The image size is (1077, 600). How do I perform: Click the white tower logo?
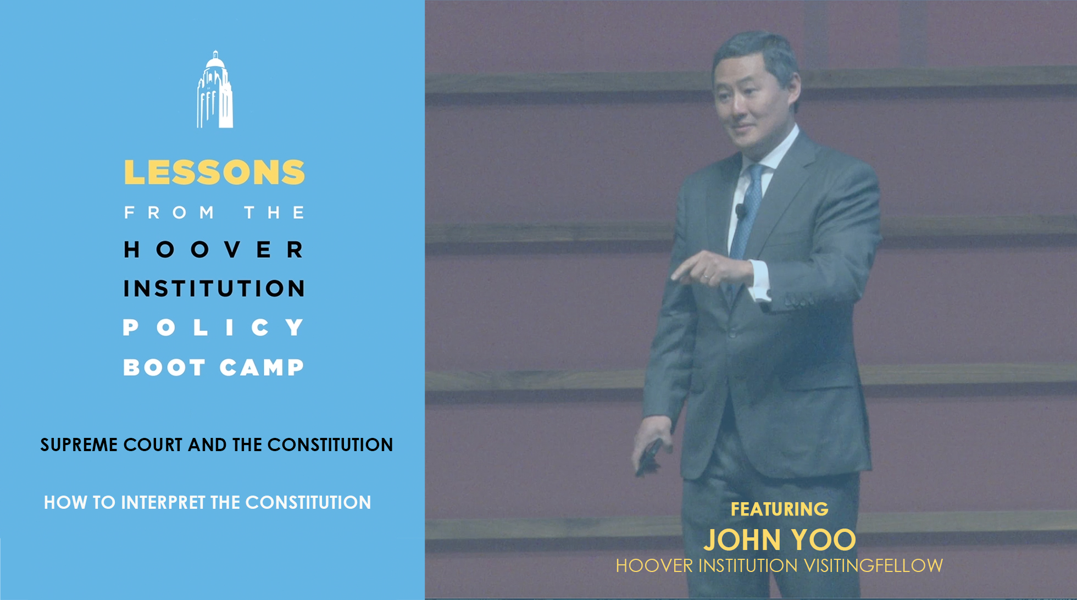click(x=215, y=89)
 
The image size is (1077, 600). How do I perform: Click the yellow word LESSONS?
click(x=214, y=173)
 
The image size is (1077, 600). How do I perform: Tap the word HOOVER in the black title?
click(x=214, y=249)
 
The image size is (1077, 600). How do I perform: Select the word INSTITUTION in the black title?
click(x=214, y=288)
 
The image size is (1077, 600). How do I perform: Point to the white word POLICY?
click(x=214, y=327)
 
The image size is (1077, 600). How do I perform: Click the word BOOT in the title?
click(x=165, y=367)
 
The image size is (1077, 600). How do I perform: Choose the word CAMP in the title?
click(x=262, y=367)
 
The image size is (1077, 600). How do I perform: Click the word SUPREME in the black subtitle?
click(x=79, y=445)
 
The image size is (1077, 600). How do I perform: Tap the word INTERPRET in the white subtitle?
click(x=163, y=502)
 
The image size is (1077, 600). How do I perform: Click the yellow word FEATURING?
click(x=779, y=509)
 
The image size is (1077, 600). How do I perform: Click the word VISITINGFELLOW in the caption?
click(x=874, y=565)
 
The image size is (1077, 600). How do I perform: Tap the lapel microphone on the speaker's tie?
click(x=740, y=210)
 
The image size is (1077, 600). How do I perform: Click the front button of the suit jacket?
click(x=732, y=333)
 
